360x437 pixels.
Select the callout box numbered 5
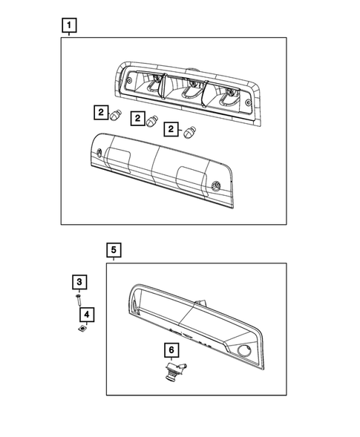pyautogui.click(x=114, y=250)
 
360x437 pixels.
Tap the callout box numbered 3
pyautogui.click(x=79, y=282)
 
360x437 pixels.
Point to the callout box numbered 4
pyautogui.click(x=88, y=315)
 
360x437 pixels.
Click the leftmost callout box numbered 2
pyautogui.click(x=100, y=113)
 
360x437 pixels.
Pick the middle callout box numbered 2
pyautogui.click(x=137, y=119)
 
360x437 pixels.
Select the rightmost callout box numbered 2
pyautogui.click(x=171, y=129)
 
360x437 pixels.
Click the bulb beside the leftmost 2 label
pyautogui.click(x=116, y=115)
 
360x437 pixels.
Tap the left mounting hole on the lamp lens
pyautogui.click(x=100, y=153)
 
